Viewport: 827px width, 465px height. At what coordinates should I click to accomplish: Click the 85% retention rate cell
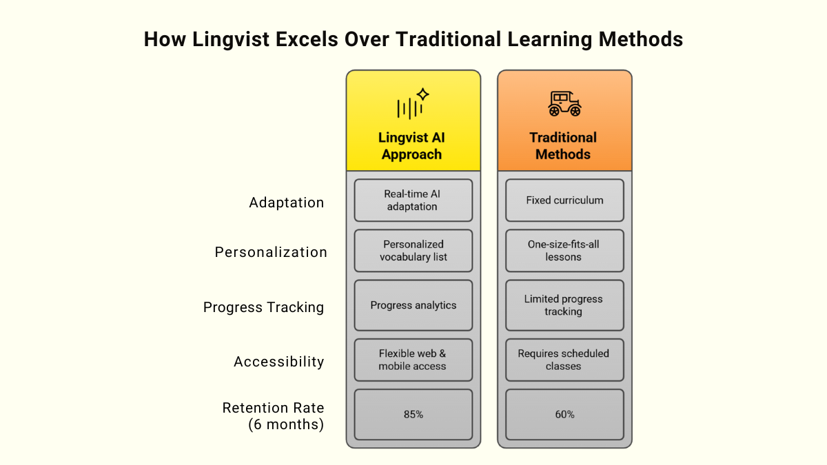413,415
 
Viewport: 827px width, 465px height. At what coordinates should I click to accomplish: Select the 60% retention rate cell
564,415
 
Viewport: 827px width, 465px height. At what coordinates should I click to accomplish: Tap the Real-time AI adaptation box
413,200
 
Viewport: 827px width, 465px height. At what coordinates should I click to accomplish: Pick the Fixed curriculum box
564,200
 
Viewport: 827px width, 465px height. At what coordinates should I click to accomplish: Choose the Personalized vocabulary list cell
413,251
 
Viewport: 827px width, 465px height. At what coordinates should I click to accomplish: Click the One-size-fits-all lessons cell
564,251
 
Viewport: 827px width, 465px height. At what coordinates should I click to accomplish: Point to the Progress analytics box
413,305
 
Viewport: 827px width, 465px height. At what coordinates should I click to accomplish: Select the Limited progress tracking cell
564,305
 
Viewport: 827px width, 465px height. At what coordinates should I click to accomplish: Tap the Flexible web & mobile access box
413,360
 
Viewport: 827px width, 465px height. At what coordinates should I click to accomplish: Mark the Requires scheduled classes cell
564,360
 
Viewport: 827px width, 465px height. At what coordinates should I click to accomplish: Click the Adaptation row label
286,203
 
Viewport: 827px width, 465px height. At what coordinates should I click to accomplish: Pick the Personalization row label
271,252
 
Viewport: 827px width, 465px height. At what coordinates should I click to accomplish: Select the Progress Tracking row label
263,307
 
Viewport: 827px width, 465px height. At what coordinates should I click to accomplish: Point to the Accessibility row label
278,362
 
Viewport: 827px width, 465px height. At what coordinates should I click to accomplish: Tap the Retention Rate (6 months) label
273,416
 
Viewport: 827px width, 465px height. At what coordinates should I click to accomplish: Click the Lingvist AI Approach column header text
412,146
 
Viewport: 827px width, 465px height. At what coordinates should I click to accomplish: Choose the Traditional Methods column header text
564,146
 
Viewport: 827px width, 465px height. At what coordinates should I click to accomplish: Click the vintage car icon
564,104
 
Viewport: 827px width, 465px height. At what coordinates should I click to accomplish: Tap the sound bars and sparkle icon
413,104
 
